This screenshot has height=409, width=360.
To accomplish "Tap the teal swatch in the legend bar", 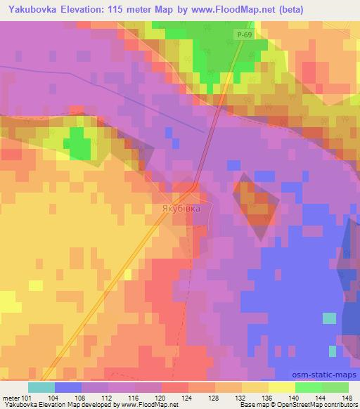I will pos(41,387).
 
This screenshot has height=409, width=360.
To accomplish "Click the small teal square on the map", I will pos(329,318).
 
